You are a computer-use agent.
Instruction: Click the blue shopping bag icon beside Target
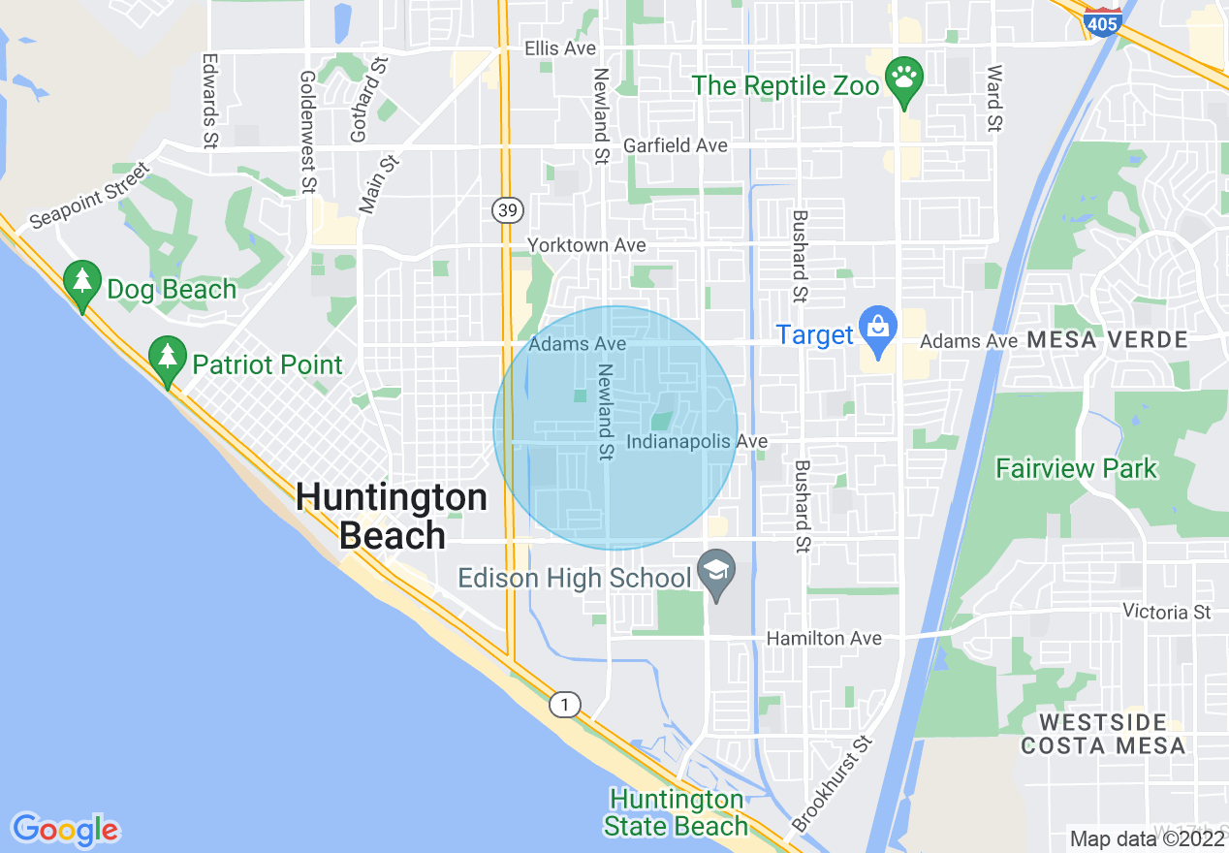[x=878, y=328]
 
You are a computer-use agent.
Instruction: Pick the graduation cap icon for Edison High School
[x=717, y=571]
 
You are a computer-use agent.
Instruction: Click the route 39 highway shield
[x=505, y=208]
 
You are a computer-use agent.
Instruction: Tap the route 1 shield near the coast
[x=564, y=705]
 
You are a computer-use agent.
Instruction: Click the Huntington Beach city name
[x=392, y=517]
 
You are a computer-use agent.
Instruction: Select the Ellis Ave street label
[x=560, y=47]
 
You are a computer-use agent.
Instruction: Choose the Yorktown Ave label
[x=586, y=245]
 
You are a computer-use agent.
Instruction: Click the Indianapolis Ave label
[x=697, y=442]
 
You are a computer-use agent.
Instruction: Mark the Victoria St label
[x=1167, y=612]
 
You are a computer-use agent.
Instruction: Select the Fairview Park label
[x=1076, y=469]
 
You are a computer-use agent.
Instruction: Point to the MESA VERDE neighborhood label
[x=1107, y=340]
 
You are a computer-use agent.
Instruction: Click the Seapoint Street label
[x=89, y=195]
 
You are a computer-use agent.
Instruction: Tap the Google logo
[x=65, y=830]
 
